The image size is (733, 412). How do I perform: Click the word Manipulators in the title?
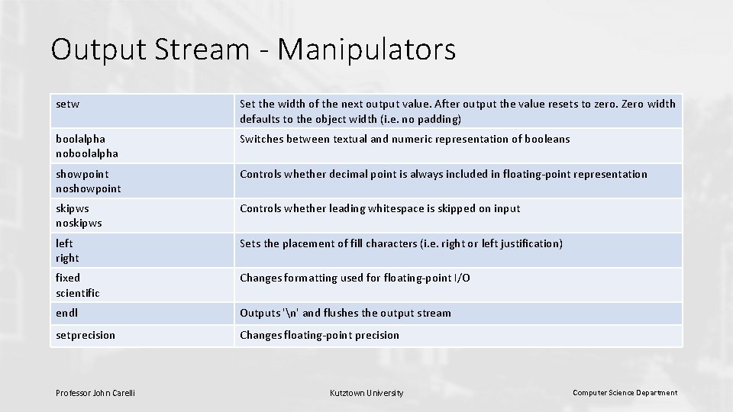(367, 50)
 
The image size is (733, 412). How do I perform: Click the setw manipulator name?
(68, 104)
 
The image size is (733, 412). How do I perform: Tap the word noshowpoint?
(89, 188)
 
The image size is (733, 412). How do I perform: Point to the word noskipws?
(79, 224)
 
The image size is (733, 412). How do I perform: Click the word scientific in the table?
(78, 293)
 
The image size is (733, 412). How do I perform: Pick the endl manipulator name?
(67, 313)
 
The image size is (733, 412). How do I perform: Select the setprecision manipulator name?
(86, 335)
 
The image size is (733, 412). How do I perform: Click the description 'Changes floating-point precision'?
(319, 335)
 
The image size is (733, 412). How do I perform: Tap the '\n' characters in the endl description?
(289, 313)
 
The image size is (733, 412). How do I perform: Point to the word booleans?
(544, 139)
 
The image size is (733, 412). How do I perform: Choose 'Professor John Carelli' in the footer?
(95, 393)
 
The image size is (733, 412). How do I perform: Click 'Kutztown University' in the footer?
(366, 393)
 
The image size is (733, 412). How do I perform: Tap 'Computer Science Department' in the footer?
(625, 393)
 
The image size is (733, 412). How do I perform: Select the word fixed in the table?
(68, 278)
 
